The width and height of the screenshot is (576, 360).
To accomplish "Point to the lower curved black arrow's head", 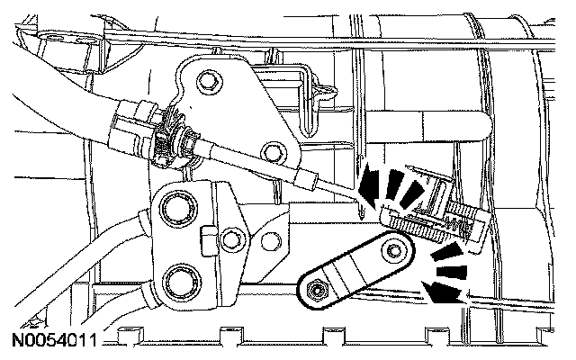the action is tap(444, 291).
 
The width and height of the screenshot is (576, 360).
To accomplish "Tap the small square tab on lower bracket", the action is tap(207, 238).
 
